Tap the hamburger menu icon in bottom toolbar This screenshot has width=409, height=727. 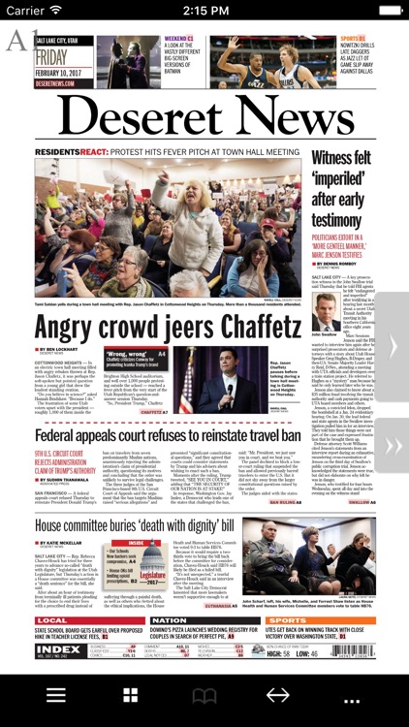(56, 695)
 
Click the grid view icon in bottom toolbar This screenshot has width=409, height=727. (130, 695)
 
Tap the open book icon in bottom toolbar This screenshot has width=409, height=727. (204, 695)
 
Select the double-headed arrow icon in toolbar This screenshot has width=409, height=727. (278, 695)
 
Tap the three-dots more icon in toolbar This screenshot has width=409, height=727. (352, 695)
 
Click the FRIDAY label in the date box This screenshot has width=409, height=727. (51, 55)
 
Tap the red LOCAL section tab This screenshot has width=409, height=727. (54, 620)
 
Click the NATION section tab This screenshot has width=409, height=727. (169, 620)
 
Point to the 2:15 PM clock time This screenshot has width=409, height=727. (204, 11)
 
